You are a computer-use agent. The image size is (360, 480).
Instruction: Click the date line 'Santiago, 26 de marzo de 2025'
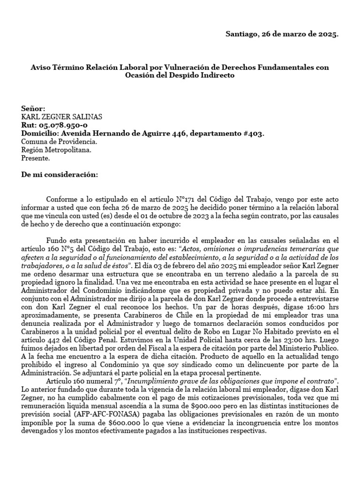click(x=282, y=34)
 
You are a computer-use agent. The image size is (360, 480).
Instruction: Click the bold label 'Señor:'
click(x=33, y=108)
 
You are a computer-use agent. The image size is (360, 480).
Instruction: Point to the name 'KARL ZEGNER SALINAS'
click(x=62, y=117)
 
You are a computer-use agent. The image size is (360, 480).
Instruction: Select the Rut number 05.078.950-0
click(x=63, y=125)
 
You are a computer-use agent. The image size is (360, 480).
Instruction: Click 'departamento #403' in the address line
click(x=232, y=134)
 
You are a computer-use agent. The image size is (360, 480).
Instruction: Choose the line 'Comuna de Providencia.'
click(x=60, y=142)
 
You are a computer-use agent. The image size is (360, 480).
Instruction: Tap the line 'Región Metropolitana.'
click(x=57, y=150)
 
